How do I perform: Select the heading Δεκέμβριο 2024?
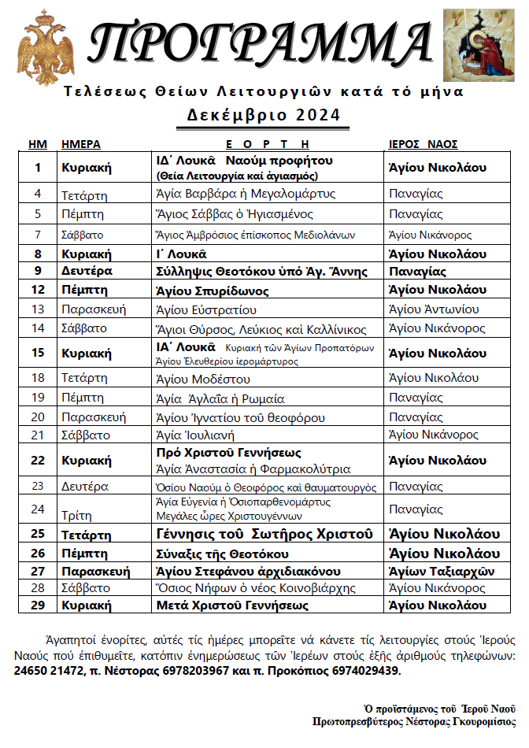[264, 115]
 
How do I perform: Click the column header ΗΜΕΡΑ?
[80, 144]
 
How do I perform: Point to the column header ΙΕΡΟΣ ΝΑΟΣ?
[424, 144]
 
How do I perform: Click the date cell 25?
[38, 535]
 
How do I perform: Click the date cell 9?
[38, 271]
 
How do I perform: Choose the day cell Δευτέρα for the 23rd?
[85, 486]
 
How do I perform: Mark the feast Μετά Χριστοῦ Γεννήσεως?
[232, 605]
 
